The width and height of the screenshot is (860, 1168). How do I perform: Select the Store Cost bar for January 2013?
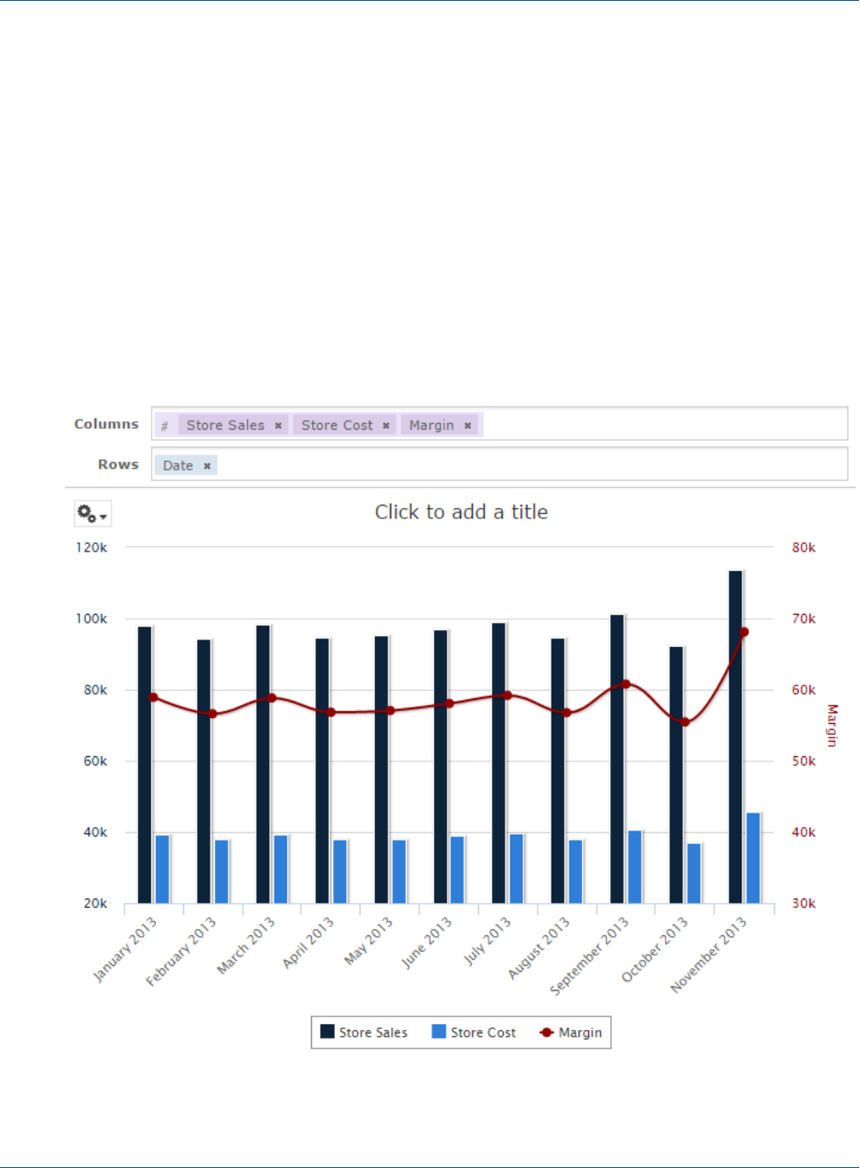click(x=162, y=869)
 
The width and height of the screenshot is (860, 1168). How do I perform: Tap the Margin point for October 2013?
click(x=685, y=722)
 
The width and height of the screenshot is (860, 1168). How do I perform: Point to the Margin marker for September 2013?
click(x=626, y=684)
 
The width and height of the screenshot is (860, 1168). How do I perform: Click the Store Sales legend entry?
click(x=364, y=1032)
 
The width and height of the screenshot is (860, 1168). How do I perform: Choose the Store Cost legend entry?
click(x=474, y=1032)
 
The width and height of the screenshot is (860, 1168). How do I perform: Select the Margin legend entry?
click(x=571, y=1032)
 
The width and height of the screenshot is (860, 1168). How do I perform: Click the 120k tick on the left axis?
click(x=91, y=547)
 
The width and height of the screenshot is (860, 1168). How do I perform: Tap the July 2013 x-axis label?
click(x=488, y=941)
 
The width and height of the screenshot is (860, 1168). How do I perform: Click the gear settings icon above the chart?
click(x=92, y=513)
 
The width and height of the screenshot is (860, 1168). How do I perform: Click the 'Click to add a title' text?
click(x=461, y=512)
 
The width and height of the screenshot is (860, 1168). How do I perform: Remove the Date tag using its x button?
click(x=207, y=465)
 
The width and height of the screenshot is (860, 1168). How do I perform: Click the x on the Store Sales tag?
click(x=278, y=425)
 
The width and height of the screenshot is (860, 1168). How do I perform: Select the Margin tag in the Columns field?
click(x=431, y=425)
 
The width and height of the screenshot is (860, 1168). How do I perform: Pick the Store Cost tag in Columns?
click(x=337, y=425)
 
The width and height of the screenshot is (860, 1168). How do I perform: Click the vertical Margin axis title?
click(x=832, y=726)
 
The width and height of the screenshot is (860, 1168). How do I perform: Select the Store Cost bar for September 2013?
click(x=635, y=866)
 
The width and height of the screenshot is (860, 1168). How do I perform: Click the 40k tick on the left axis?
click(x=95, y=832)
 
